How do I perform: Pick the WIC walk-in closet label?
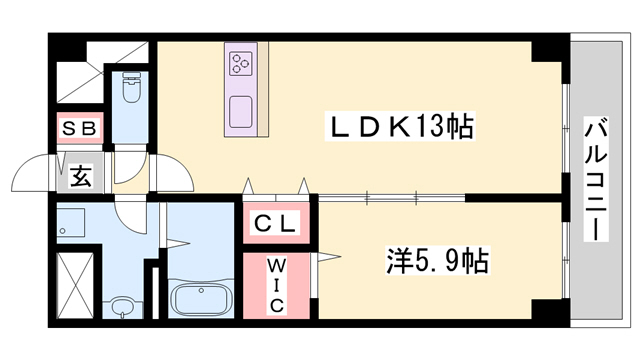(x=277, y=284)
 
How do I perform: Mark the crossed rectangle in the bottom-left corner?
(x=75, y=286)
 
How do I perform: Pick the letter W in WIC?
(x=277, y=266)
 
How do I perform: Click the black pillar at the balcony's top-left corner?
(x=549, y=49)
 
